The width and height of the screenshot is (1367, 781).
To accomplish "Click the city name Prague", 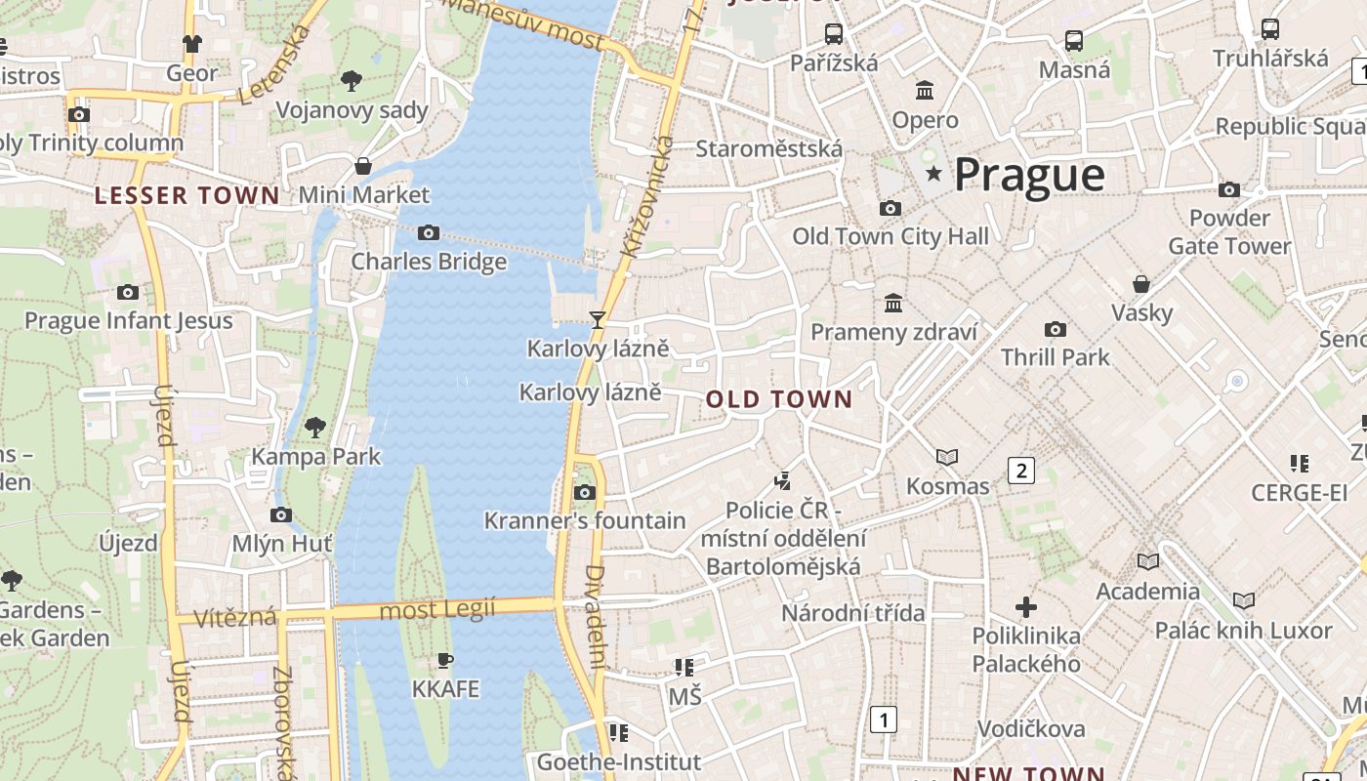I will point(1029,175).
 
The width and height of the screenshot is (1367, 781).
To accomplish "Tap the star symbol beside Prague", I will point(934,174).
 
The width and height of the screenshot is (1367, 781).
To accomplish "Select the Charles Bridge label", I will point(429,262).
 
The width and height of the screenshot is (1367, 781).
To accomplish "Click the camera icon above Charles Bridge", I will point(428,232).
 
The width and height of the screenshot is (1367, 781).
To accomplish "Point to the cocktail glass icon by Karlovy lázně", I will point(598,319).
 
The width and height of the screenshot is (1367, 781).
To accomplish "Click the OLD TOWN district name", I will point(779,399).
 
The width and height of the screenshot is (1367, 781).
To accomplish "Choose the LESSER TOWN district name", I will point(187,195).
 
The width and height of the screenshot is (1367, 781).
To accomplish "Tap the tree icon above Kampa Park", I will point(314,427).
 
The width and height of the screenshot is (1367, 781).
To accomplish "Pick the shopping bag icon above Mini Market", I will point(363,166).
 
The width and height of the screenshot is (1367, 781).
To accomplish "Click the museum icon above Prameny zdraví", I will point(893,303).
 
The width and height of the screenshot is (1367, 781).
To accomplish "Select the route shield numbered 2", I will point(1021,471).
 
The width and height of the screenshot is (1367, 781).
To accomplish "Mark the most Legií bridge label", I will point(436,611).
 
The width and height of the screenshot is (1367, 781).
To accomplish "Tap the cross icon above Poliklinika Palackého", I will point(1025,607).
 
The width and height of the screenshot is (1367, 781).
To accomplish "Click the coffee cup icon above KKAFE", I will point(445,661).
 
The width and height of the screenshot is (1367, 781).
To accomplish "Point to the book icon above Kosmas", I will point(947,457).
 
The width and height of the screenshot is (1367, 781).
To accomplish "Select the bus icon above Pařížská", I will point(834,34).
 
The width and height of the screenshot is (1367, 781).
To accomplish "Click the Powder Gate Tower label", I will point(1229,231).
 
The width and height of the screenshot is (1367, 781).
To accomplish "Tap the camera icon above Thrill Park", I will point(1055,329).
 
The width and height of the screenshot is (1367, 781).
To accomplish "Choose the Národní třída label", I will point(852,613).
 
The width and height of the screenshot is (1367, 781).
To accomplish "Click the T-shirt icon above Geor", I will point(192,44).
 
